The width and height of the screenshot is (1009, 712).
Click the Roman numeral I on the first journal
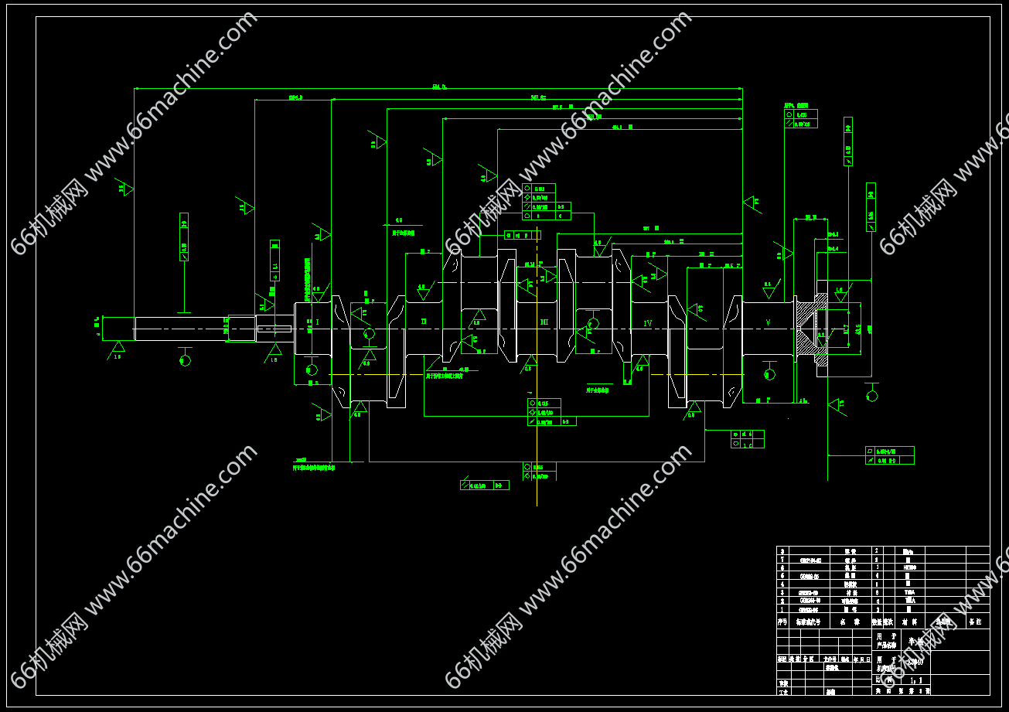(x=317, y=322)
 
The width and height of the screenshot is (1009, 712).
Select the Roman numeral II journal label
(x=424, y=322)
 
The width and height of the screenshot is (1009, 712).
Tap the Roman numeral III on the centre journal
(x=544, y=322)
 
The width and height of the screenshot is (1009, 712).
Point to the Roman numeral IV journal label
(x=648, y=322)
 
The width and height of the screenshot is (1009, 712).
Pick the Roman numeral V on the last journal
(x=768, y=322)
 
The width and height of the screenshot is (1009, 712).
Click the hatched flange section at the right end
(x=810, y=332)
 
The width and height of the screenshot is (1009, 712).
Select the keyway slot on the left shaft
(x=274, y=329)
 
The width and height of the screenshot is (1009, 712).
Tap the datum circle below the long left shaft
(x=185, y=360)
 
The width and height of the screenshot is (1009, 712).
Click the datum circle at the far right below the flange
(x=872, y=396)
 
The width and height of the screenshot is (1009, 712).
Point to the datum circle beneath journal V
(x=769, y=374)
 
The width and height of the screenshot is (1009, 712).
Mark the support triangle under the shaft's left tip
(x=117, y=348)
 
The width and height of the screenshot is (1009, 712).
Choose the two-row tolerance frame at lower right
(x=889, y=455)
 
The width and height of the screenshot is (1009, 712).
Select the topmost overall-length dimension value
(x=438, y=87)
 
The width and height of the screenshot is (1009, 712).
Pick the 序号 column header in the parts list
(x=782, y=622)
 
